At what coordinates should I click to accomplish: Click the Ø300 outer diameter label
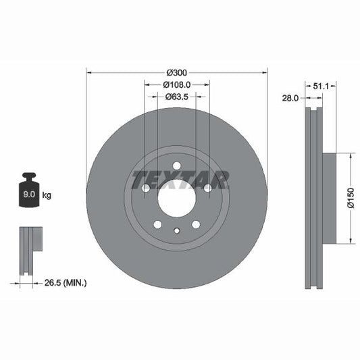tap(177, 72)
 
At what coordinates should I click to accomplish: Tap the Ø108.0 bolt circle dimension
tap(177, 84)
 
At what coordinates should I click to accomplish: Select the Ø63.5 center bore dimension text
tap(177, 97)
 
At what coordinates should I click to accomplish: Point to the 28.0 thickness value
tap(290, 99)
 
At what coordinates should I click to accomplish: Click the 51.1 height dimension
tap(322, 86)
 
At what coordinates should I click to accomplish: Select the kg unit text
tap(47, 195)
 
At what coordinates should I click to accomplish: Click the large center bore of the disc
tap(176, 198)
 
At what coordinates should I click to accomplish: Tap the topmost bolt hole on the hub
tap(176, 166)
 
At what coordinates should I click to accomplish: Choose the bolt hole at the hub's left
tap(145, 188)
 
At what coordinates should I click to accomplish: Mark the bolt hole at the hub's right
tap(207, 188)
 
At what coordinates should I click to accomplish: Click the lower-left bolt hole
tap(157, 224)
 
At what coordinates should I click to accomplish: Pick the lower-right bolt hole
tap(196, 224)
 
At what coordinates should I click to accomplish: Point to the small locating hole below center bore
tap(176, 231)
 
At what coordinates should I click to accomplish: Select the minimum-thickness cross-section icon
tap(30, 250)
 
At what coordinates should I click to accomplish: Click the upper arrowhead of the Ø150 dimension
tap(351, 156)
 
